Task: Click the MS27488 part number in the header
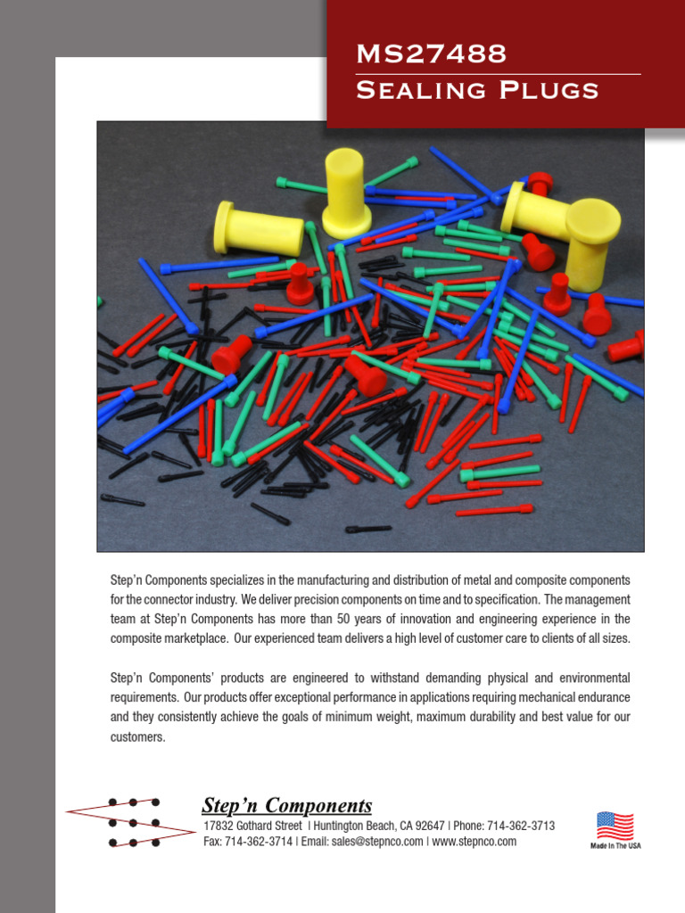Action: [431, 55]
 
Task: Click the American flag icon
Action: [615, 826]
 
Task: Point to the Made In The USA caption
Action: [615, 845]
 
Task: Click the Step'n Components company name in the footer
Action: [287, 806]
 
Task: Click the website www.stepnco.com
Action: [474, 842]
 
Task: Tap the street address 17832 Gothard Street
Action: [252, 826]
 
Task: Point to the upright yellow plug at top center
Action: [345, 192]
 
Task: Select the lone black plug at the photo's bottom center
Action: [367, 529]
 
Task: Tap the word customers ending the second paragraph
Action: [137, 737]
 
